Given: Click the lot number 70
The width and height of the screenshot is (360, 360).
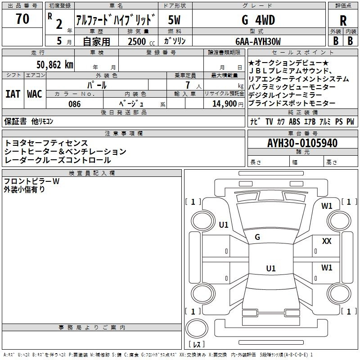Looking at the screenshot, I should [22, 19].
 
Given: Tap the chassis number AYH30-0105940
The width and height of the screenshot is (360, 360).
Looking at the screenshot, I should [302, 143].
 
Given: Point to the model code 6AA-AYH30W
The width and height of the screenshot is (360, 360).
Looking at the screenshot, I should [258, 41].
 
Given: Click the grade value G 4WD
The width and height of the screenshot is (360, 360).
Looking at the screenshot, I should [258, 20].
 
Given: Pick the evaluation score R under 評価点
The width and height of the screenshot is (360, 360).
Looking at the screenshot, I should [343, 21].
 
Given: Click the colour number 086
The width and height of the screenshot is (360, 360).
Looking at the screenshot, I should [74, 104].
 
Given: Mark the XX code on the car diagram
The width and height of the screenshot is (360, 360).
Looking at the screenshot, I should [327, 241].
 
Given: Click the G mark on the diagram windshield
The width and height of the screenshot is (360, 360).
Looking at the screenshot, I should [257, 237].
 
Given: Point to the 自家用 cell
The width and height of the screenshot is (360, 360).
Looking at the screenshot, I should [96, 41].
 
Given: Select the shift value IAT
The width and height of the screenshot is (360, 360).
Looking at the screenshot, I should [13, 94].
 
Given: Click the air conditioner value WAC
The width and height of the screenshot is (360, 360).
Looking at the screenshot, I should [34, 94].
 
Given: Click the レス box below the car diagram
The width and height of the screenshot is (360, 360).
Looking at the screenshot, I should [197, 345].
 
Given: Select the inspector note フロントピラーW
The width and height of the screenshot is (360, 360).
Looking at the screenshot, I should [31, 181].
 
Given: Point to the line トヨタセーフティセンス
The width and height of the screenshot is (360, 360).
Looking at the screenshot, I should [46, 143].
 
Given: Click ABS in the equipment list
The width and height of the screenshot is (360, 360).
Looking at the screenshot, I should [294, 122].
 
